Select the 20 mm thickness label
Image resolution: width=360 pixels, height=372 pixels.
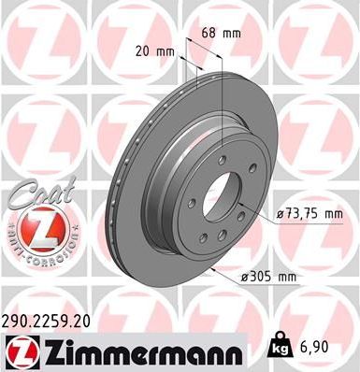coord(156,52)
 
